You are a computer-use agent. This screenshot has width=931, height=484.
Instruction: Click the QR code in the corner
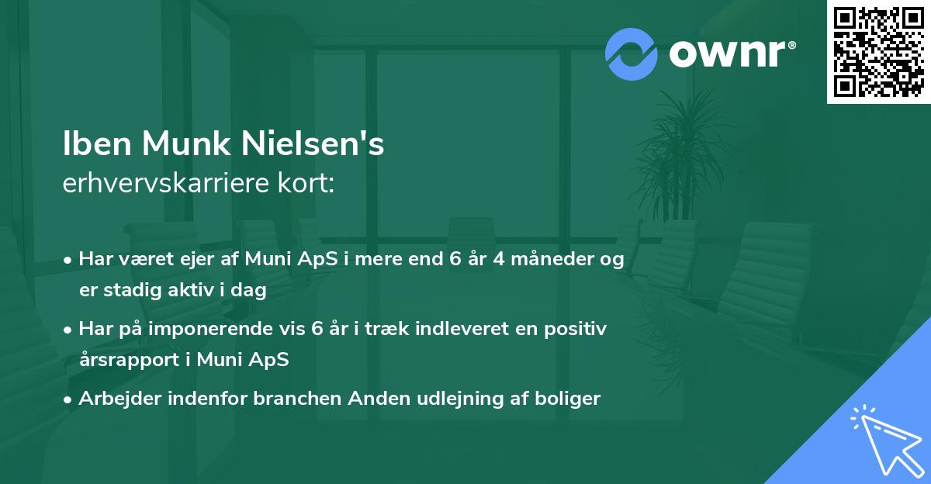878,52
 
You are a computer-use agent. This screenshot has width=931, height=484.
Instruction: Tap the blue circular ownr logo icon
632,54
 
